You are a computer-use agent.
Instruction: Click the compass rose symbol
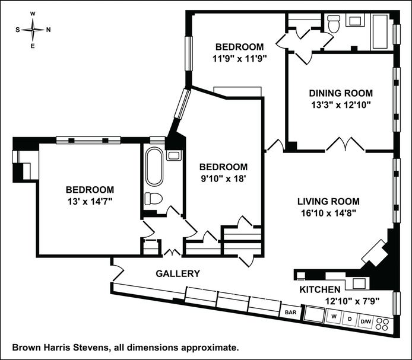(33, 30)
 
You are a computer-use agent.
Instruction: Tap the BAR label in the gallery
(291, 312)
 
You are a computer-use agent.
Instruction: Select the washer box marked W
(334, 317)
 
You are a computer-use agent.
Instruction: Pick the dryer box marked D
(350, 319)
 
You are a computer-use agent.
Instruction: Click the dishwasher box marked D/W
(366, 321)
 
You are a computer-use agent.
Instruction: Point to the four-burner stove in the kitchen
(382, 324)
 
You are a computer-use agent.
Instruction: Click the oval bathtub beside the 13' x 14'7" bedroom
(154, 167)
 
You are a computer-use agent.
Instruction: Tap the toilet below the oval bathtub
(153, 199)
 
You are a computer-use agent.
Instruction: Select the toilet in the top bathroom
(334, 23)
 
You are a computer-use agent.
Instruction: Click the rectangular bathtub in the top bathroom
(380, 31)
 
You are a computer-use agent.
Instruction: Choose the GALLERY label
(178, 273)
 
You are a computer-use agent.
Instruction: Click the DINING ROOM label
(341, 93)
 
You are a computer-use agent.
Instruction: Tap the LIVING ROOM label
(328, 202)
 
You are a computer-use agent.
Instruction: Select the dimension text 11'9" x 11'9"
(240, 59)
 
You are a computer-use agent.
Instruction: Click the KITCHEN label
(320, 289)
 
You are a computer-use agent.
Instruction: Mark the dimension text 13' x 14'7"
(90, 202)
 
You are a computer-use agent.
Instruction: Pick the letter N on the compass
(48, 30)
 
